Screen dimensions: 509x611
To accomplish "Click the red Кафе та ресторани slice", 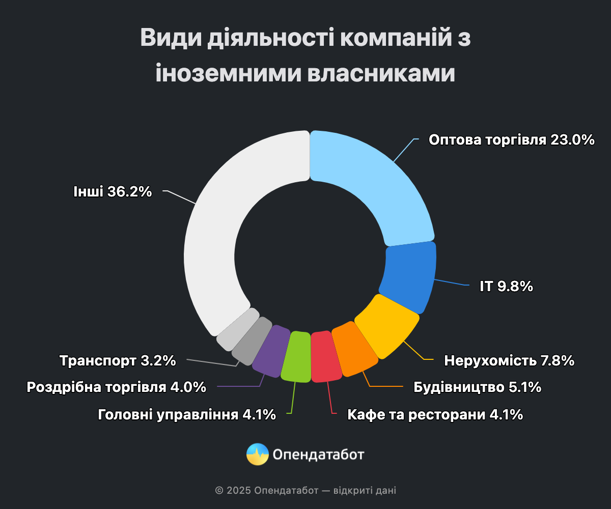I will [x=325, y=357].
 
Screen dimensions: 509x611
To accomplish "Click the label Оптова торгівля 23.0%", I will [x=511, y=140].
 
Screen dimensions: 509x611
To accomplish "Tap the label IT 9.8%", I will [x=506, y=287].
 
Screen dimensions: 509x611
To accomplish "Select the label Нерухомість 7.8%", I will [x=509, y=361].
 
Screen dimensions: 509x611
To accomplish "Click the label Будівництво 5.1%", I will [x=477, y=387].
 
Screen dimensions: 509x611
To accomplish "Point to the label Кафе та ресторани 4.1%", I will [x=435, y=415].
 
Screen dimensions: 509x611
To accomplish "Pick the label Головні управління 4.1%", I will [x=186, y=415].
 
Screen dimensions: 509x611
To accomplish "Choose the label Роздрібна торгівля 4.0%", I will [x=117, y=387].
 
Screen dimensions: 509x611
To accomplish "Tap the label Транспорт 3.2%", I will [x=118, y=361].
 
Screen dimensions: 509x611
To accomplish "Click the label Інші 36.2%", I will [x=113, y=192].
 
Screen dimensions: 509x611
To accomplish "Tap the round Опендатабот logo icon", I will [x=258, y=454].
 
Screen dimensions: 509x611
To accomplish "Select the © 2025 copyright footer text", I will [x=305, y=491].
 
